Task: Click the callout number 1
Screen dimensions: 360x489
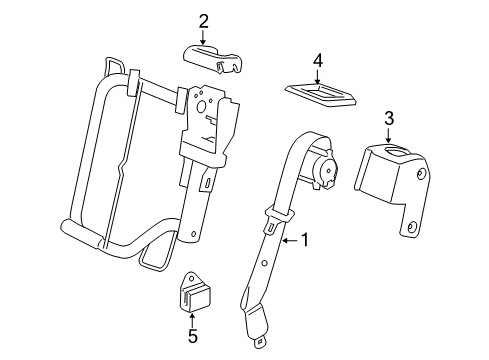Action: tap(307, 240)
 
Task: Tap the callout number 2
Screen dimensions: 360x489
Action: tap(203, 20)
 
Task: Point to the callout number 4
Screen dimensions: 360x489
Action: tap(318, 62)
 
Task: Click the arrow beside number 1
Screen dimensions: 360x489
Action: tap(290, 240)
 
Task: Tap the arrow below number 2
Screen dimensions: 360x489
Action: tap(203, 38)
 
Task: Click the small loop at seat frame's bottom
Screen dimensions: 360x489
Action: tap(154, 262)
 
